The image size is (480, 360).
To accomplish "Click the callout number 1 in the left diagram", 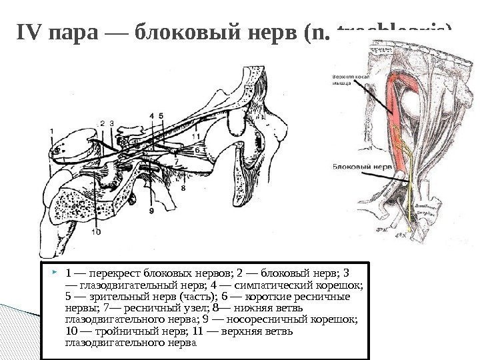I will coord(52,131).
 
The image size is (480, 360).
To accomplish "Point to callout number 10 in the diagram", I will coord(96,233).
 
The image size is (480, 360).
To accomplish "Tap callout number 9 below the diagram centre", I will coord(151,211).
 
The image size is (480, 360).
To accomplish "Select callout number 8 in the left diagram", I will coord(183,189).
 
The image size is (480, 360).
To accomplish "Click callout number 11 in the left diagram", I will coord(195,137).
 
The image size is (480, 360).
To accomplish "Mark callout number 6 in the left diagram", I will coord(197,151).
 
